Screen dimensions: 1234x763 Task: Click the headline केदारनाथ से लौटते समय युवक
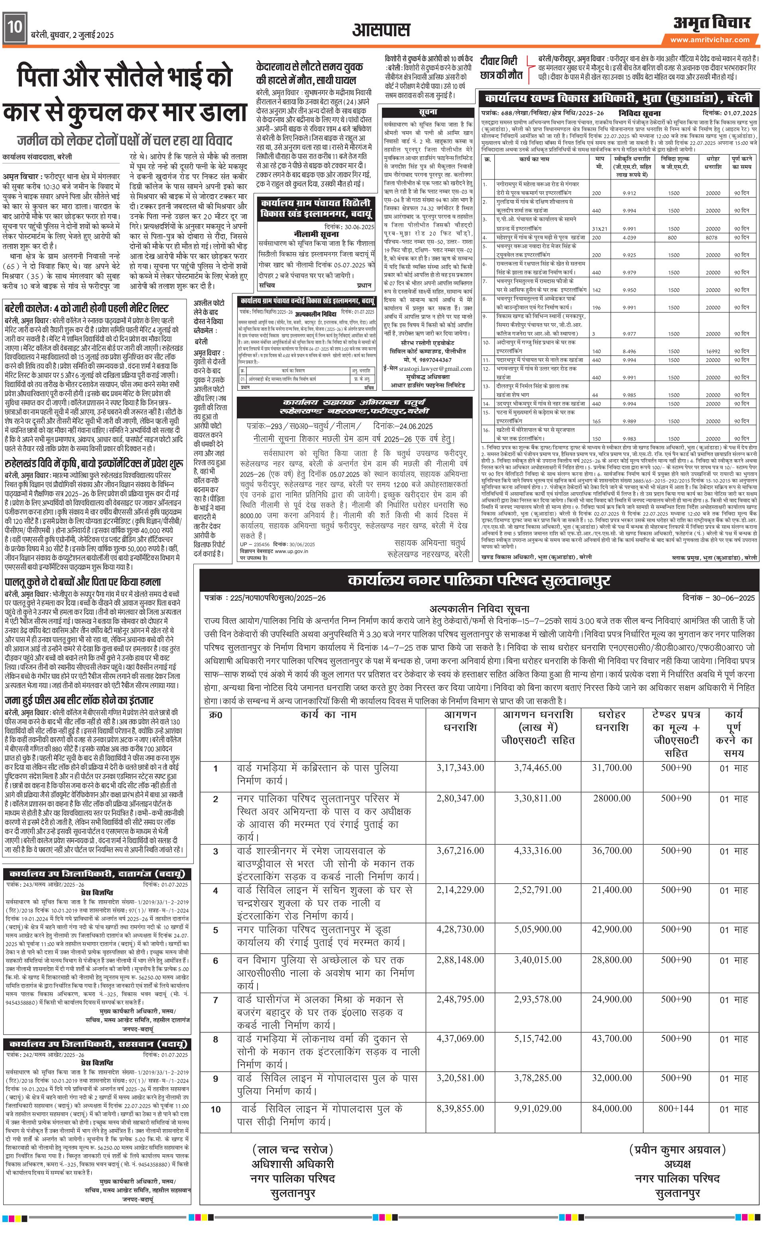[x=309, y=67]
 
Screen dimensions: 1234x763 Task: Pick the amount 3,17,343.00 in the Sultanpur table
[x=460, y=768]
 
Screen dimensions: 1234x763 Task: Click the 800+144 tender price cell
[x=676, y=1109]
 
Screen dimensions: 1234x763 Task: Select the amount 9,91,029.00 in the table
[x=537, y=1109]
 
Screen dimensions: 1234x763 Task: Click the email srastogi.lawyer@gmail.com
[x=427, y=368]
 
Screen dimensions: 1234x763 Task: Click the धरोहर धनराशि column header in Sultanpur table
[x=612, y=721]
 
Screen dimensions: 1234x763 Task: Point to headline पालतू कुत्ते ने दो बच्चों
[x=83, y=581]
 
